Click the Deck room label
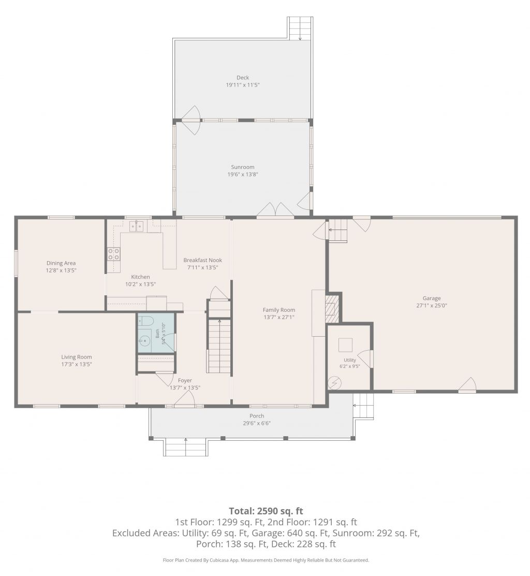(243, 78)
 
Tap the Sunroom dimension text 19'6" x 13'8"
(243, 175)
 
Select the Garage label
(432, 298)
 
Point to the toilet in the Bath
(145, 321)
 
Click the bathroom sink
(144, 341)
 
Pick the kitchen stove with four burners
(114, 254)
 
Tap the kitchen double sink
(137, 226)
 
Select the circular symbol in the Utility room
(335, 383)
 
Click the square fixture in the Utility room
(345, 345)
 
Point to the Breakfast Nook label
(202, 260)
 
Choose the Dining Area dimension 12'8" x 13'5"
(61, 270)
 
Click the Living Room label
(77, 357)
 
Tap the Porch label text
(257, 416)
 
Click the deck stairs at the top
(300, 28)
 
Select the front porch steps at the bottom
(186, 447)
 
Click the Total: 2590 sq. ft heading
(266, 511)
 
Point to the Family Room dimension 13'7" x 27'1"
(279, 317)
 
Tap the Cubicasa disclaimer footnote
(266, 560)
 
